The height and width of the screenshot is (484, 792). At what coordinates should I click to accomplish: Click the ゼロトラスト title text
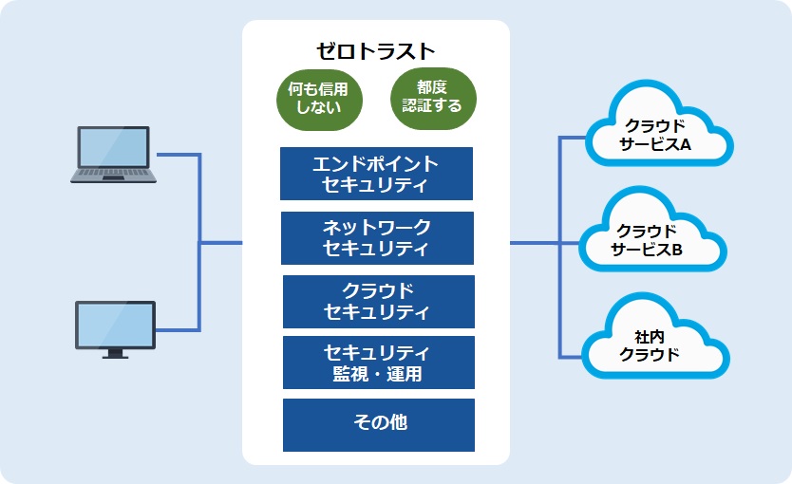click(x=375, y=51)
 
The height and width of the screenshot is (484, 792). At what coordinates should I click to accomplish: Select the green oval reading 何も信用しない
click(x=319, y=100)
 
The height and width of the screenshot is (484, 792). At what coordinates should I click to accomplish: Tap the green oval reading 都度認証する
click(x=433, y=98)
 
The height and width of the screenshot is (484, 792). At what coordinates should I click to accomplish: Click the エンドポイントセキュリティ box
click(x=376, y=174)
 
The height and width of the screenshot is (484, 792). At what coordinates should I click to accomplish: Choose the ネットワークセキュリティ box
click(x=377, y=237)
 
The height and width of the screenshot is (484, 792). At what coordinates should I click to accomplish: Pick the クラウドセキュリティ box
click(x=379, y=301)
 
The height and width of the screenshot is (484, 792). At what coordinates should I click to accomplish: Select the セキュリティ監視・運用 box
click(x=379, y=363)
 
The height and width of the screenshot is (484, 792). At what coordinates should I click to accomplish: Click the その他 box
click(x=379, y=425)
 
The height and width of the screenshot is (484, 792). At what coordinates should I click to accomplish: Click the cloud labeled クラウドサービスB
click(x=652, y=233)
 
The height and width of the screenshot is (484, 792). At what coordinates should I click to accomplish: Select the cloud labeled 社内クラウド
click(x=655, y=339)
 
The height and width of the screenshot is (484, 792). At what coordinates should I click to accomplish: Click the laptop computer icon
click(x=114, y=155)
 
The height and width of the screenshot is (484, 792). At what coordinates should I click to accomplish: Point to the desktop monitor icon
click(x=115, y=329)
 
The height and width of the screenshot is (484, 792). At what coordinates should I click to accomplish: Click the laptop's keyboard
click(x=114, y=173)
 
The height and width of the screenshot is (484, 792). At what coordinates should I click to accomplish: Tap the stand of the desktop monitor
click(x=115, y=353)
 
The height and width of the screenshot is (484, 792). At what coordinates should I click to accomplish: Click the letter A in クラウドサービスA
click(x=686, y=145)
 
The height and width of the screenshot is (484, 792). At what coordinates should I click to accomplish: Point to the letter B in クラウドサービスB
click(x=677, y=250)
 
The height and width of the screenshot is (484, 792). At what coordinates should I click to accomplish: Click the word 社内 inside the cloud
click(x=649, y=337)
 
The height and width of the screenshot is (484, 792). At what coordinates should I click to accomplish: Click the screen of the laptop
click(x=114, y=147)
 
